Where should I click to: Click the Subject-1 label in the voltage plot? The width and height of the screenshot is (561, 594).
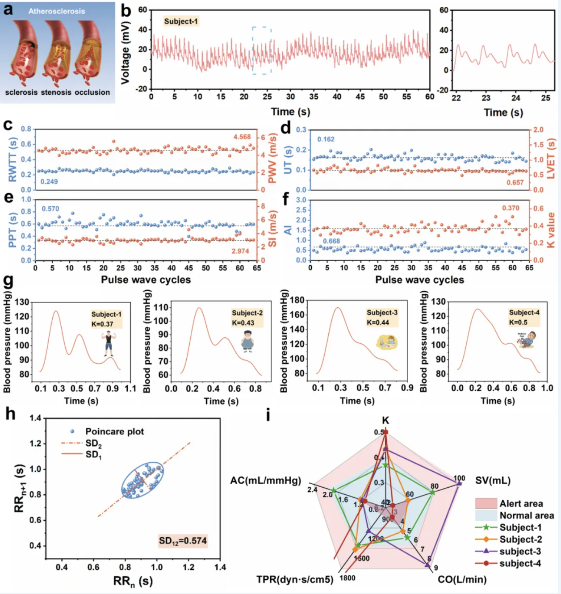(181, 21)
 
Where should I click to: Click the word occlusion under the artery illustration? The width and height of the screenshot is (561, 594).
(92, 92)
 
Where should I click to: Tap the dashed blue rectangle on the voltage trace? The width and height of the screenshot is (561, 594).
(261, 50)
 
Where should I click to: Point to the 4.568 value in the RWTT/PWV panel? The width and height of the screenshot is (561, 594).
(242, 137)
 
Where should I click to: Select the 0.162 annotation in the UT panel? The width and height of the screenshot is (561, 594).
(326, 139)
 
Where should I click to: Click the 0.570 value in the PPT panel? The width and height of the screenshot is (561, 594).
(50, 209)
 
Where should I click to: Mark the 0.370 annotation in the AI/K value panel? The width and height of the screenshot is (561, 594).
(511, 208)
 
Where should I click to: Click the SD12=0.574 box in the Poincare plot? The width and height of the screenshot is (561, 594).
(183, 541)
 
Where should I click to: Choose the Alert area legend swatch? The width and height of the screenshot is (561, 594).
(486, 504)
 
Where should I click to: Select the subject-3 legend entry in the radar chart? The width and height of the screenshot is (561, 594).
(520, 552)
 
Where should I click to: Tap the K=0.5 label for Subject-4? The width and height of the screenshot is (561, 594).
(518, 322)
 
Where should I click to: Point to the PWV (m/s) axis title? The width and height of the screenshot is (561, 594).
(272, 159)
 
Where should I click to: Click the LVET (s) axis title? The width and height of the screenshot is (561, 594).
(551, 159)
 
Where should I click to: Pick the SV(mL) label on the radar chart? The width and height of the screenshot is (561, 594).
(493, 481)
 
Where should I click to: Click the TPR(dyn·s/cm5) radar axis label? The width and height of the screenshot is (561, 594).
(295, 579)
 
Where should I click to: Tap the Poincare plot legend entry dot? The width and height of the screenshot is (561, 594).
(72, 431)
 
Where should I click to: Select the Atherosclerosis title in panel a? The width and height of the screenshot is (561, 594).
(57, 11)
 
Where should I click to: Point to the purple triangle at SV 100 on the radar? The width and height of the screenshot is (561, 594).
(459, 483)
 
